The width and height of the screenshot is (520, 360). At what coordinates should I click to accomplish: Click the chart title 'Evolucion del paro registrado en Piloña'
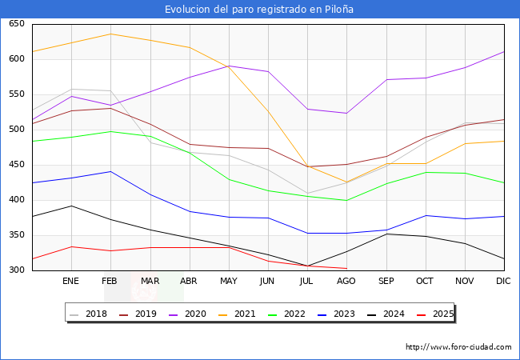[x=259, y=10]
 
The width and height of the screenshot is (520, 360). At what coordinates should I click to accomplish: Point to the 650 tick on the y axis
[x=17, y=24]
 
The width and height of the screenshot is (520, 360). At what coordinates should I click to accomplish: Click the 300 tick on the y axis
[x=17, y=270]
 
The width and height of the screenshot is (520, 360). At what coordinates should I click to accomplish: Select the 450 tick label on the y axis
[x=17, y=165]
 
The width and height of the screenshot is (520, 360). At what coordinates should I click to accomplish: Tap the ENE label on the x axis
[x=71, y=282]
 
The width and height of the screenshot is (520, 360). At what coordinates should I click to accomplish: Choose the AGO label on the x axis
[x=346, y=282]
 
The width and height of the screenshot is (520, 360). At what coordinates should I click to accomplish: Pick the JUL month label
[x=307, y=282]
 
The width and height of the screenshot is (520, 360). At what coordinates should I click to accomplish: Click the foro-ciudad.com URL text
[x=458, y=347]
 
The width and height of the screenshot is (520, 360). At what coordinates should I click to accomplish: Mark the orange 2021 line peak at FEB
[x=110, y=34]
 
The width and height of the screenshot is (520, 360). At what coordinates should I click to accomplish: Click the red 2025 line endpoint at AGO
[x=346, y=268]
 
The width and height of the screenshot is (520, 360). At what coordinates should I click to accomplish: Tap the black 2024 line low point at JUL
[x=307, y=266]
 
